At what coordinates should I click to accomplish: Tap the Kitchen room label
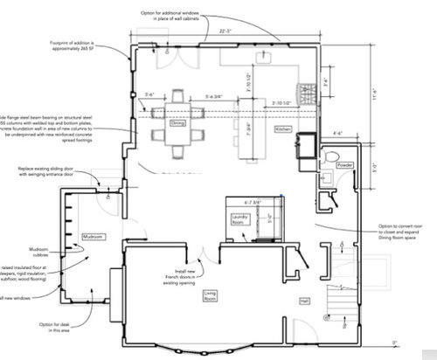[283, 129]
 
